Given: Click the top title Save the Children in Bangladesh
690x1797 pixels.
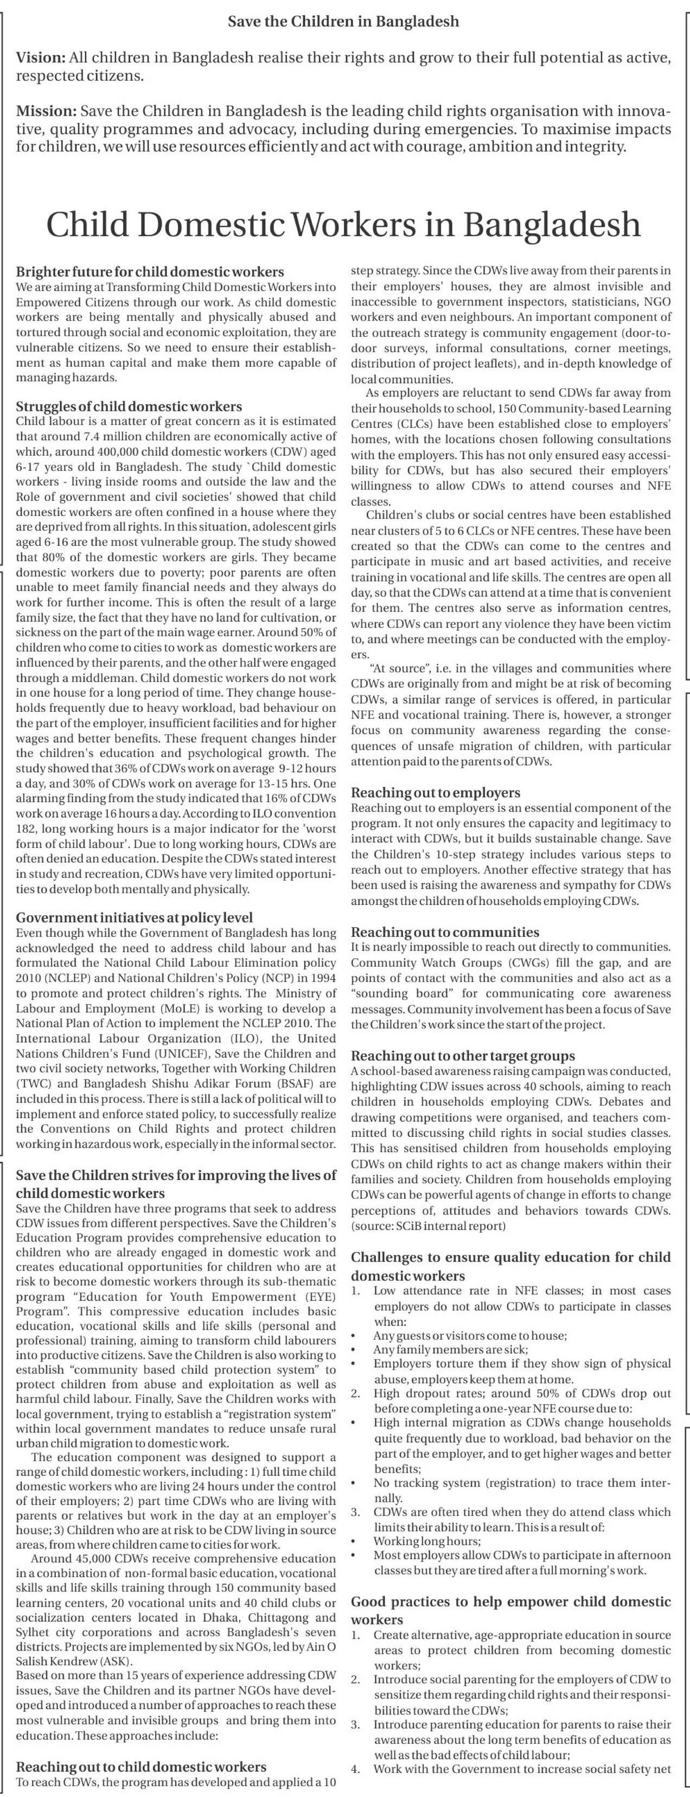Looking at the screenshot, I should (x=344, y=22).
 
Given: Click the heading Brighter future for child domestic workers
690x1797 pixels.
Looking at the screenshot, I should (x=150, y=272).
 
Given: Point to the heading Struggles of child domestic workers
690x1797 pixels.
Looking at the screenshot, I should (x=129, y=407).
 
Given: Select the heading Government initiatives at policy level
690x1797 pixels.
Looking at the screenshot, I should (x=135, y=918).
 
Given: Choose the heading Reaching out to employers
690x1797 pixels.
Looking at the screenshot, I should (x=436, y=793).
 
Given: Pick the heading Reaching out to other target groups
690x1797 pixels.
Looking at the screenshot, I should (x=463, y=1057).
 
